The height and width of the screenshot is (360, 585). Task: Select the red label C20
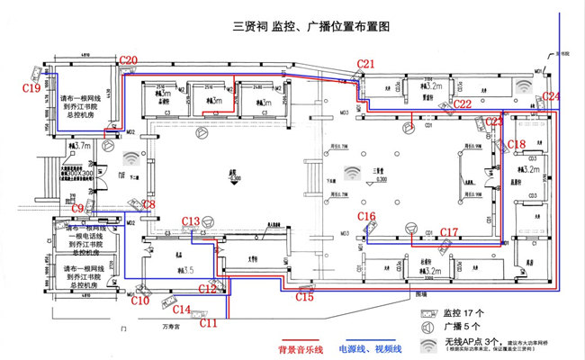click(129, 60)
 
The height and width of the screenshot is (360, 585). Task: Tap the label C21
click(365, 64)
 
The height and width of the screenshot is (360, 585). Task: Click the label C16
click(366, 217)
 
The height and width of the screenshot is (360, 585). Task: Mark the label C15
click(305, 297)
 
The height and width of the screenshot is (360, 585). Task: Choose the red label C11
click(208, 322)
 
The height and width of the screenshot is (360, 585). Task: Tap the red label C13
click(191, 221)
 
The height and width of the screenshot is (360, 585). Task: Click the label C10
click(140, 301)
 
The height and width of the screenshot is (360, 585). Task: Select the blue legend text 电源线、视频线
click(369, 346)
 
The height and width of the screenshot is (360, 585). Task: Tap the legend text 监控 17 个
click(469, 312)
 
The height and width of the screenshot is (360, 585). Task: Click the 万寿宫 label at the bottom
click(160, 328)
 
